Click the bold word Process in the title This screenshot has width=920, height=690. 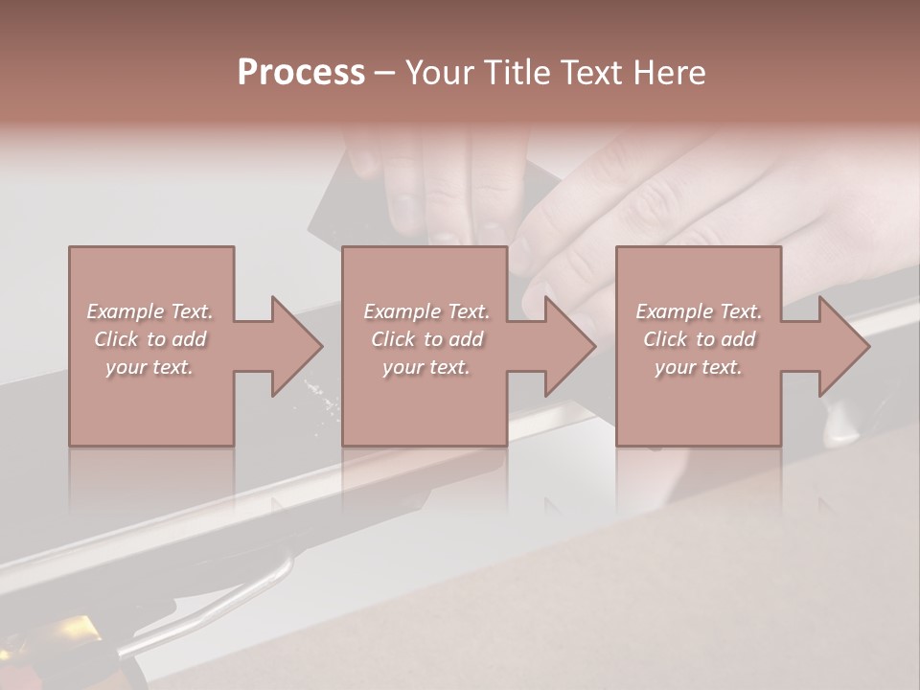pos(301,73)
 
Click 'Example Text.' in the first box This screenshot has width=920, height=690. pos(149,311)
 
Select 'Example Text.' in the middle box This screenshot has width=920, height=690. pos(425,311)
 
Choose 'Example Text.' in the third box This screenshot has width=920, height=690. pos(699,311)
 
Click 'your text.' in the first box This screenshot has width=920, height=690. pos(149,367)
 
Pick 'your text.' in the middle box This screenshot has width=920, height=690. pos(425,367)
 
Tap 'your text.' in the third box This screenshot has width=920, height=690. pos(699,367)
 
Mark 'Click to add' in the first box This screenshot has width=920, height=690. pos(149,339)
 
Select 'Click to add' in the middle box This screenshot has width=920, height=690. pos(425,339)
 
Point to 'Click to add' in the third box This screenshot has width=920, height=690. pos(699,339)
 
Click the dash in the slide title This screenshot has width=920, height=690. pos(384,73)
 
